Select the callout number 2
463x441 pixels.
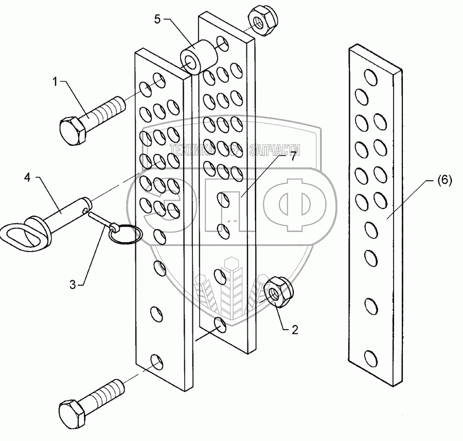295,330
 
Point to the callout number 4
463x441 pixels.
27,178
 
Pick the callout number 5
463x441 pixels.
157,20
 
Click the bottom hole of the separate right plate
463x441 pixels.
370,358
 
